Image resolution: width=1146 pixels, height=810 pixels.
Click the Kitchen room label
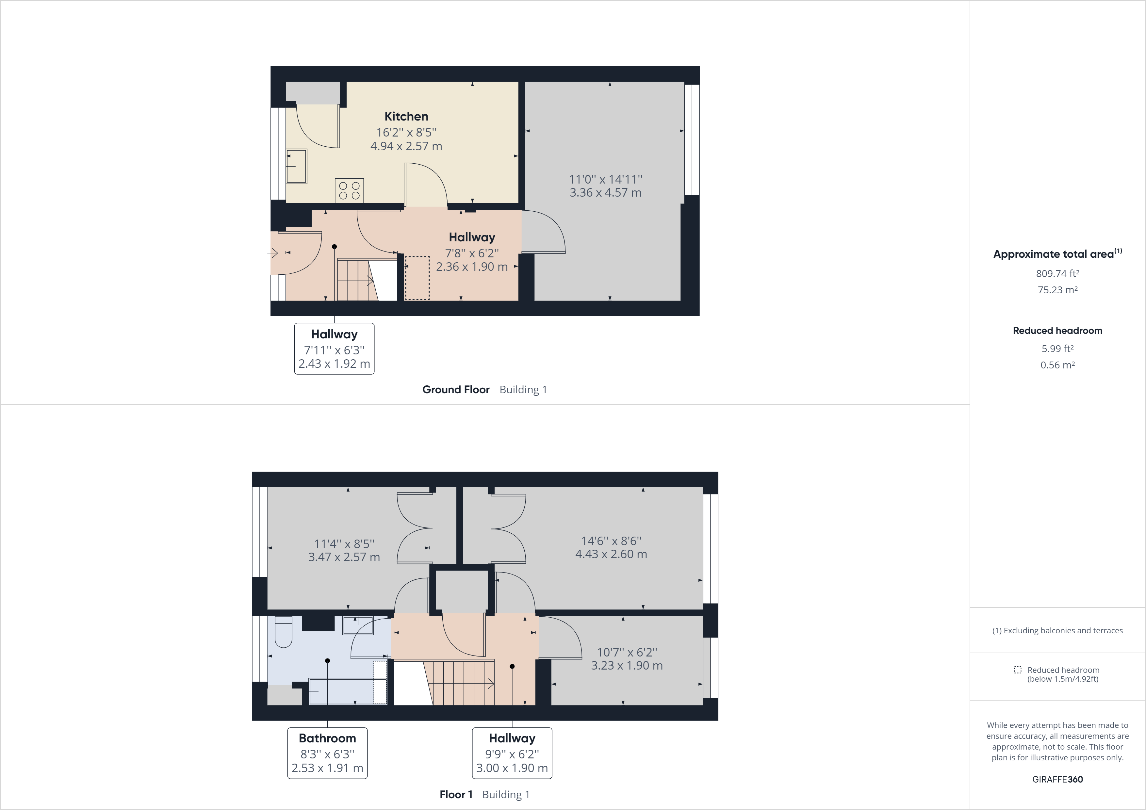(406, 116)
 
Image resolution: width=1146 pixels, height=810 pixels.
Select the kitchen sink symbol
(297, 166)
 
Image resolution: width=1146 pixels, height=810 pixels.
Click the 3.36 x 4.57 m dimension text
(605, 193)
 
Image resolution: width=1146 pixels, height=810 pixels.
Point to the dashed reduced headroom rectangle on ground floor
(417, 278)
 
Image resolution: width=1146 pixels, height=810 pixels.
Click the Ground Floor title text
(456, 390)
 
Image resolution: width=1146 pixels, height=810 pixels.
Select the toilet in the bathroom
(283, 633)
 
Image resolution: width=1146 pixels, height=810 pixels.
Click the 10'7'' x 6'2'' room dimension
(627, 652)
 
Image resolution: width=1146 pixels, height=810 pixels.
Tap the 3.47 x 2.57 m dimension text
(344, 558)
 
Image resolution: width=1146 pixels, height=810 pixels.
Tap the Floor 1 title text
(456, 795)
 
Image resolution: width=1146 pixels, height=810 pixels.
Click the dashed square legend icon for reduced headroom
(1017, 670)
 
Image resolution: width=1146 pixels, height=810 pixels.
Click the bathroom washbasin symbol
(357, 626)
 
